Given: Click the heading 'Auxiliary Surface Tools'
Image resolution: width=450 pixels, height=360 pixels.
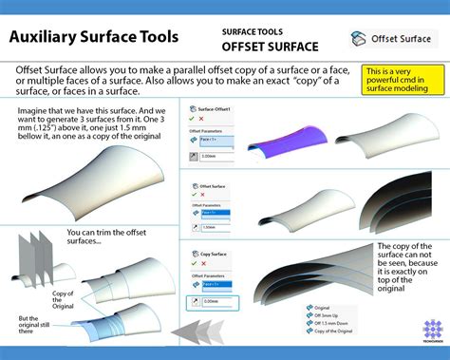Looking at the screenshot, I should pyautogui.click(x=92, y=38).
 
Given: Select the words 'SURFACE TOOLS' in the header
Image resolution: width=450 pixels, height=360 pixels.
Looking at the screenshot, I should pyautogui.click(x=252, y=30).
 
